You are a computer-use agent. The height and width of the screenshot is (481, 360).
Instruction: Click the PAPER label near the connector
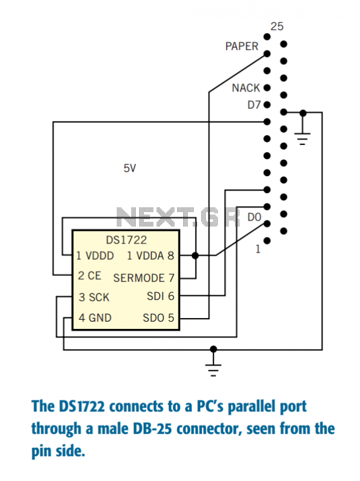pos(242,46)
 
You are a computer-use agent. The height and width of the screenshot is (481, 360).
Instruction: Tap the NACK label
pos(246,88)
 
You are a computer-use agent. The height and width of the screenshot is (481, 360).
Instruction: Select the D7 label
pos(254,105)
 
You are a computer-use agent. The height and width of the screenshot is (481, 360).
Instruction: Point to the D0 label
pos(254,217)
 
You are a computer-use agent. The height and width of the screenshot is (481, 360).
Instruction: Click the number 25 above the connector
pos(276,26)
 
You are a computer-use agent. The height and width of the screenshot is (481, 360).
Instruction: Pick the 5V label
pos(129,168)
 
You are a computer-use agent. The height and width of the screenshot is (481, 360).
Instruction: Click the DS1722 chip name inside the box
pos(126,240)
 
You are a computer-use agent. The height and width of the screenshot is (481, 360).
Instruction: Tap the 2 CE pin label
pos(89,275)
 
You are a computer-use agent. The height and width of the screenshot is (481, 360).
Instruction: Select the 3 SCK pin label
pos(94,297)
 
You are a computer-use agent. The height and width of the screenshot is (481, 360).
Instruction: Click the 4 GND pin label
pos(95,317)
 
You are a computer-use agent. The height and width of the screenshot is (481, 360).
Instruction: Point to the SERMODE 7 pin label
pos(144,278)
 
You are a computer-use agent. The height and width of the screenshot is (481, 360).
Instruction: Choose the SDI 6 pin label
pos(160,296)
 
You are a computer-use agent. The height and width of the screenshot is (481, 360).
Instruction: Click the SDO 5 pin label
pos(159,318)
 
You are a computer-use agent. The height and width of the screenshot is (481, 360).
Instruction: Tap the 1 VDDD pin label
pos(95,256)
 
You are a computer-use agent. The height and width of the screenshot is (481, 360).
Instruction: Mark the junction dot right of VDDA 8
pos(195,255)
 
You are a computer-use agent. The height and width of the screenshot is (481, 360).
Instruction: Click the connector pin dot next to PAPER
pos(267,54)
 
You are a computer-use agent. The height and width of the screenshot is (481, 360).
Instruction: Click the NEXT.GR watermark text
pos(178,217)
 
